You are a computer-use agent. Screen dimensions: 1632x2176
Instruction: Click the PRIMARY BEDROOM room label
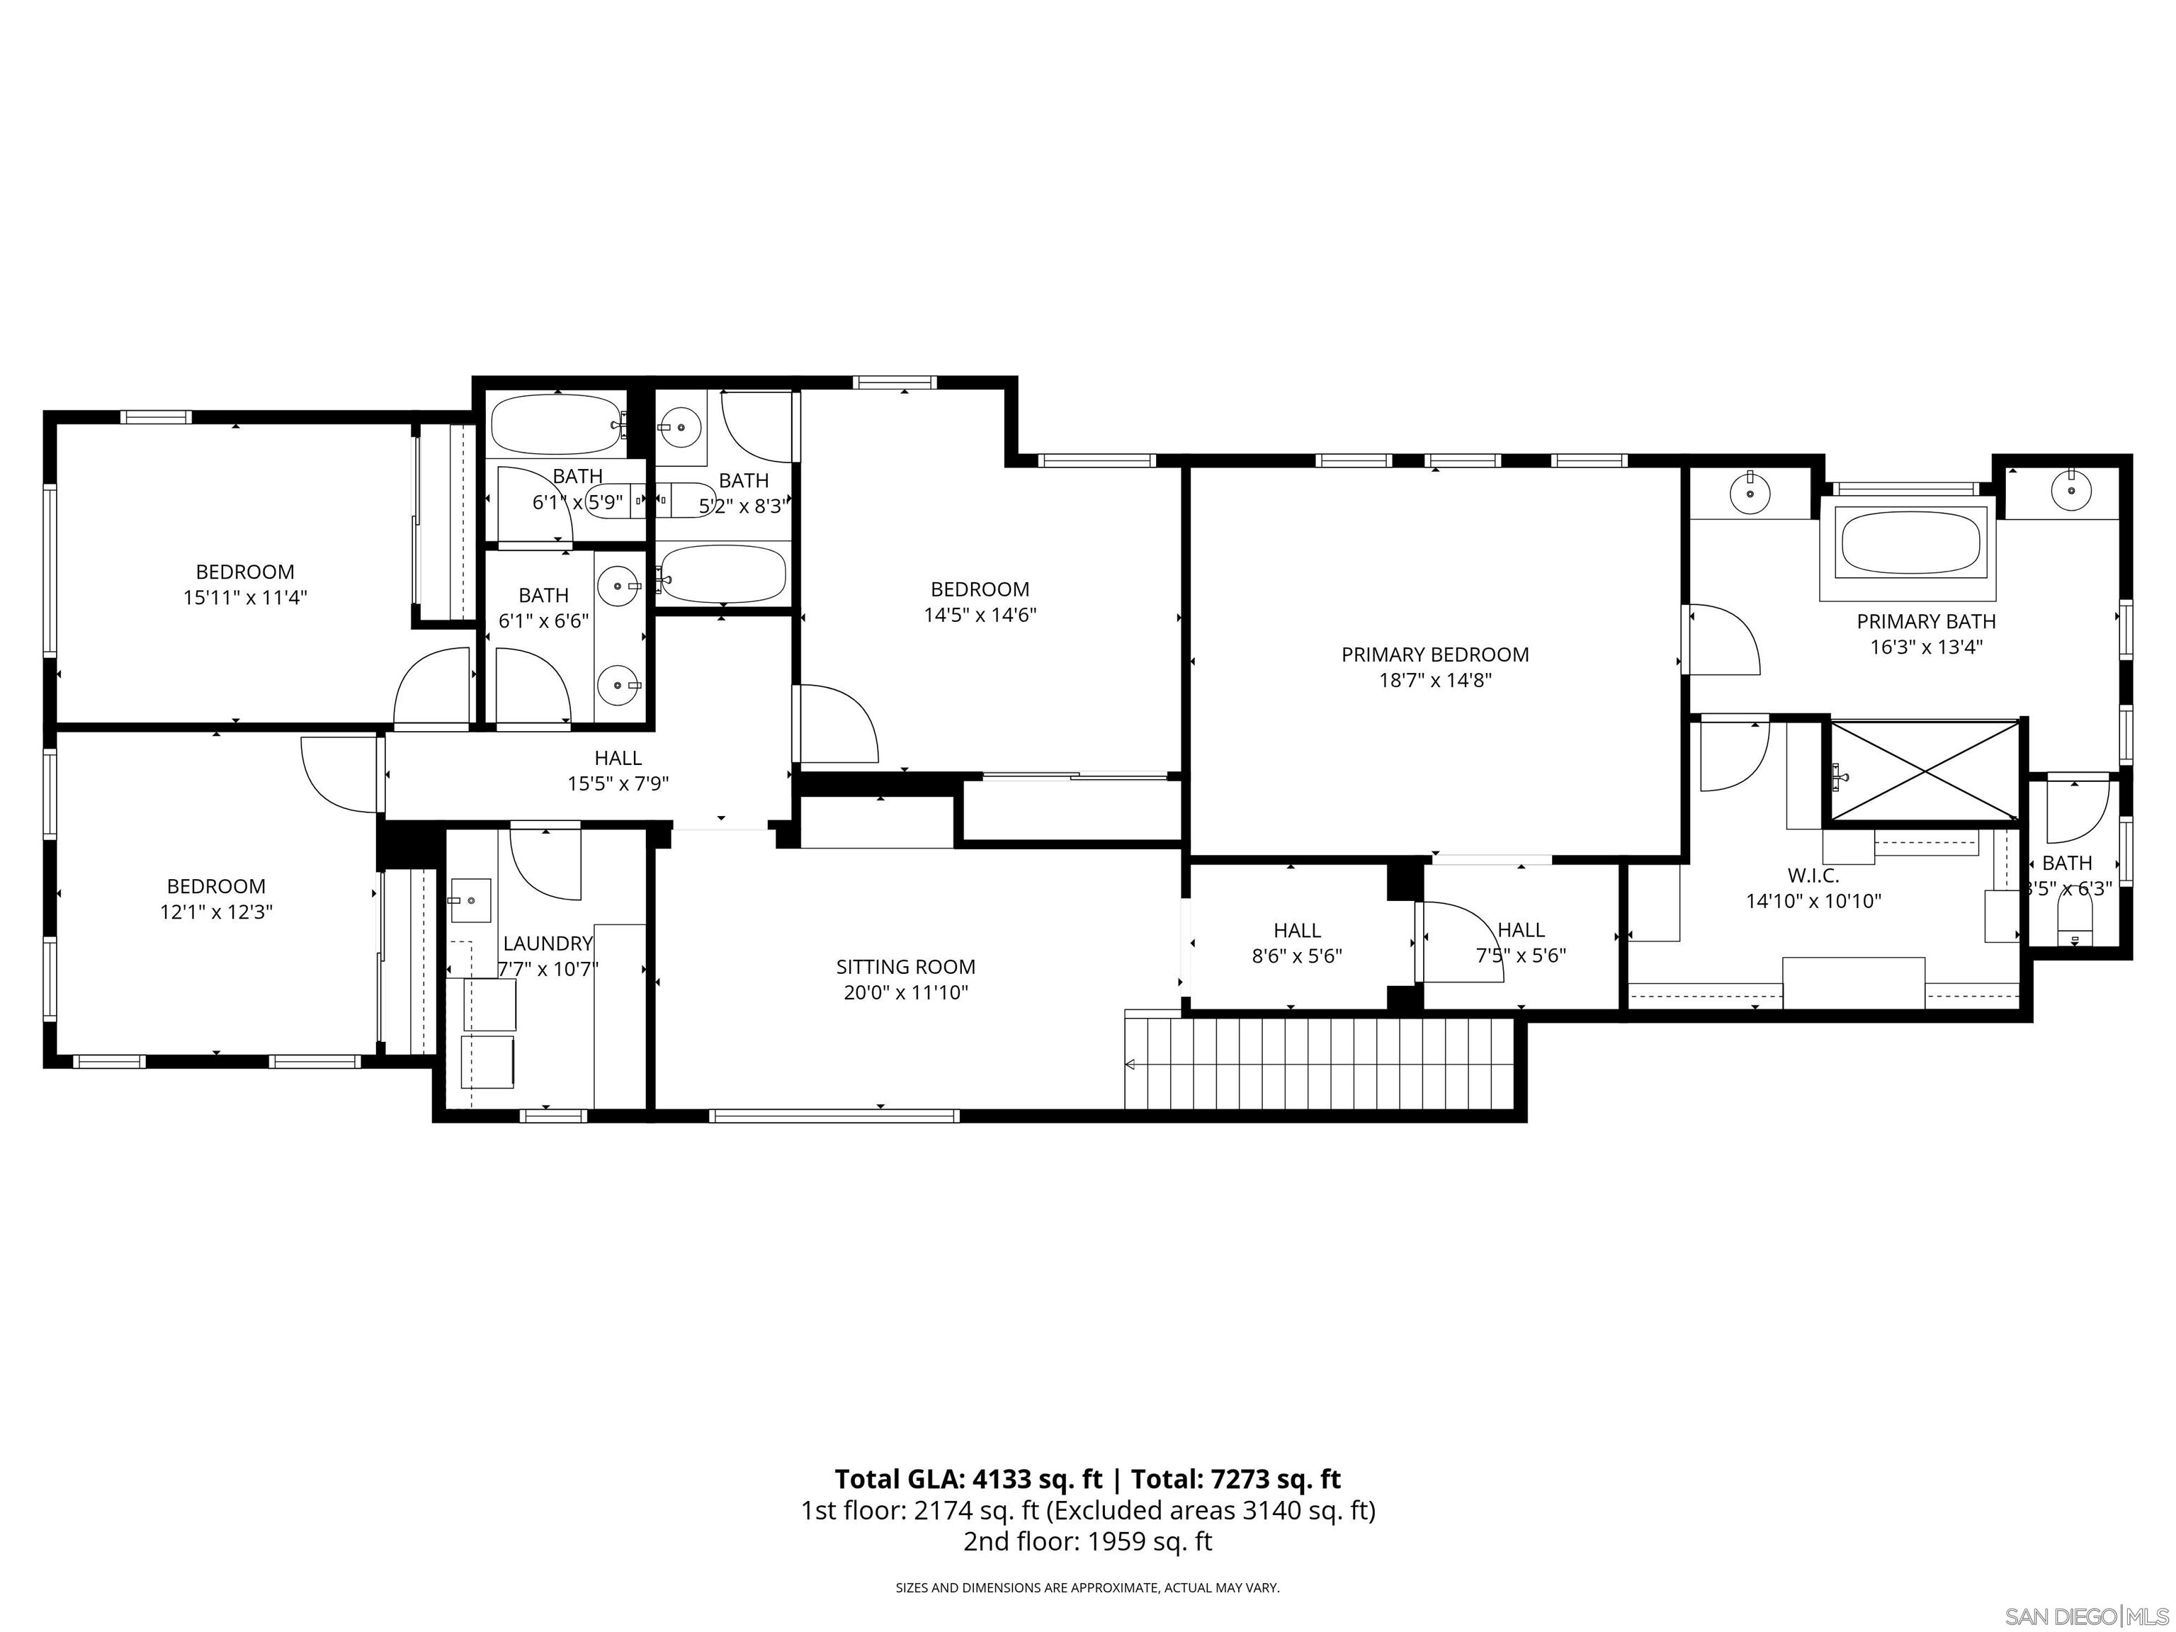pyautogui.click(x=1434, y=654)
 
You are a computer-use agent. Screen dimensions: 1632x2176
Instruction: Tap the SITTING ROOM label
pyautogui.click(x=905, y=967)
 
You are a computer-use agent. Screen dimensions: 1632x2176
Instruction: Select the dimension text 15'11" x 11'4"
pyautogui.click(x=245, y=597)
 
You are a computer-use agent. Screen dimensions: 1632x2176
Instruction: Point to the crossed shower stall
pyautogui.click(x=1924, y=770)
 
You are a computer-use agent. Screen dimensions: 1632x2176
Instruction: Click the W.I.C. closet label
pyautogui.click(x=1813, y=875)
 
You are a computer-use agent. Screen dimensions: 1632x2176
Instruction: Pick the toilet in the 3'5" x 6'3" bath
pyautogui.click(x=2075, y=924)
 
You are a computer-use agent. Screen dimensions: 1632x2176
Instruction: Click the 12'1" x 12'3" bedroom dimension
pyautogui.click(x=217, y=912)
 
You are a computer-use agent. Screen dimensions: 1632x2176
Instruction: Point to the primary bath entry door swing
pyautogui.click(x=1721, y=640)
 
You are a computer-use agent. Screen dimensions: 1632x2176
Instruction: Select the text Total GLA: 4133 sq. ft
pyautogui.click(x=968, y=1478)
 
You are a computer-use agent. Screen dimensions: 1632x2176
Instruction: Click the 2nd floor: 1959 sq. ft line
pyautogui.click(x=1087, y=1541)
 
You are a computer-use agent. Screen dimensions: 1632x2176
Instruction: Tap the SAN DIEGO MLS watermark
pyautogui.click(x=2085, y=1616)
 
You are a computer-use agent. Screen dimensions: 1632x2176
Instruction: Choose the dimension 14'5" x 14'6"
pyautogui.click(x=980, y=615)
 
